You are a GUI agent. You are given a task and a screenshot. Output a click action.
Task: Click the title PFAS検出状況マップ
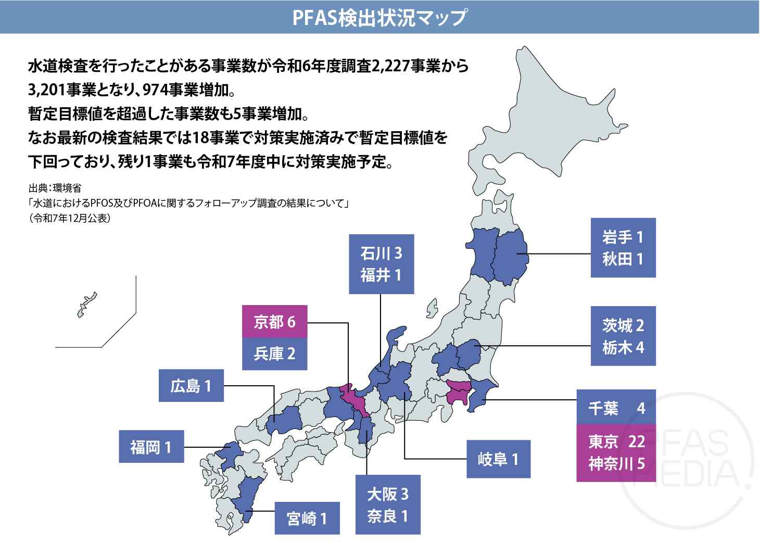[379, 18]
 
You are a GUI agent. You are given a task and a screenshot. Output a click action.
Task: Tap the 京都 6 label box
[275, 322]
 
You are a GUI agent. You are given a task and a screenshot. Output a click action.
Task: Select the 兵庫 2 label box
[275, 353]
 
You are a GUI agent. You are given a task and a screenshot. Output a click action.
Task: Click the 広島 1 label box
[191, 386]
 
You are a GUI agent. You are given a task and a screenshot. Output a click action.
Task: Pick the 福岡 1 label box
[151, 447]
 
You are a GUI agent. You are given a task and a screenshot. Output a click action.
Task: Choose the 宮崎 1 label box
[307, 518]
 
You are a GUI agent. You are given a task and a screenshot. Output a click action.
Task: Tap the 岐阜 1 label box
[498, 459]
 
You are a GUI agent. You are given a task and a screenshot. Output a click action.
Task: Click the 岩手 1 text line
[623, 237]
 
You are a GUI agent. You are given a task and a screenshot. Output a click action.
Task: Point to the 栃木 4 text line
[623, 347]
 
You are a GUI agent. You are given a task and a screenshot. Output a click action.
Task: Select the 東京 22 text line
[616, 441]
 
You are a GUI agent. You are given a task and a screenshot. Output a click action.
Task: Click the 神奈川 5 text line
[616, 463]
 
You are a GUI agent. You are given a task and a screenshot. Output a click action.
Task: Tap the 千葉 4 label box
[616, 408]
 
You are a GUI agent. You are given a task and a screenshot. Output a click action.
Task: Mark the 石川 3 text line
[381, 254]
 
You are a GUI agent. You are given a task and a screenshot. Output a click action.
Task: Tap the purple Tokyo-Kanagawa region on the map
[459, 391]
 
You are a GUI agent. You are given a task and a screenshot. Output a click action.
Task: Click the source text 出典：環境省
[55, 188]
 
